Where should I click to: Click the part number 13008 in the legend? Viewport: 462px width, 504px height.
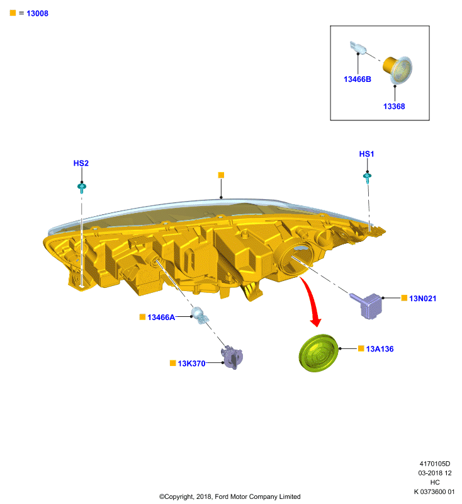coord(37,13)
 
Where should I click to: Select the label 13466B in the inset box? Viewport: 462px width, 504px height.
coord(358,79)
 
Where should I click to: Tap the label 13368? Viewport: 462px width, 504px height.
coord(394,106)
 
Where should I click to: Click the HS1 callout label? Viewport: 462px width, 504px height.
coord(366,154)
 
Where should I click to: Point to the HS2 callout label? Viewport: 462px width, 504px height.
coord(81,163)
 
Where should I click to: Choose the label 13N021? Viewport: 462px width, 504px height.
coord(422,299)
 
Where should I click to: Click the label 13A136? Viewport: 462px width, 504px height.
coord(380,349)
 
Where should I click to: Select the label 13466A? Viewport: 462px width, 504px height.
coord(161,318)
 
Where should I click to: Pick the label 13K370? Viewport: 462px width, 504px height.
coord(191,364)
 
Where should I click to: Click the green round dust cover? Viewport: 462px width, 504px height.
coord(318,353)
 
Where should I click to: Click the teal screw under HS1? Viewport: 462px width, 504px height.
coord(368,178)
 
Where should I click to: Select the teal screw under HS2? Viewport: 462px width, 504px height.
coord(82,188)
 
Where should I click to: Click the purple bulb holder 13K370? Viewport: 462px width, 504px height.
coord(232,357)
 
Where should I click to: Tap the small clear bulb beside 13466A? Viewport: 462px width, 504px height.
coord(200,316)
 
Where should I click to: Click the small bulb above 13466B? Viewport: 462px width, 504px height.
coord(358,48)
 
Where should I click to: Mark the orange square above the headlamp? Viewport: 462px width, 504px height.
coord(221,175)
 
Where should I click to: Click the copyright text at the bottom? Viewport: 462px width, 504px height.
coord(230,496)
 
